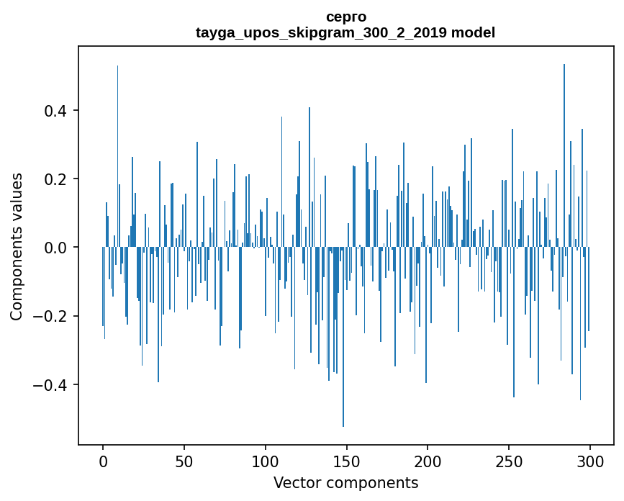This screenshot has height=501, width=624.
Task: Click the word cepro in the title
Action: tap(345, 17)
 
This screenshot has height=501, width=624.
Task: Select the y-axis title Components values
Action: tap(17, 247)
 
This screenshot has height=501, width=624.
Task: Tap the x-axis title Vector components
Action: tap(345, 482)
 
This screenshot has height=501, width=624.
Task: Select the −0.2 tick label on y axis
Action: tap(52, 316)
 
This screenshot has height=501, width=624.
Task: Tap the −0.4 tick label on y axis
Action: tap(52, 384)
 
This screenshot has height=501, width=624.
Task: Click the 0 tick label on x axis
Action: tap(103, 461)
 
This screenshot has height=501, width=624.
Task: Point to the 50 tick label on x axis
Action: tap(184, 461)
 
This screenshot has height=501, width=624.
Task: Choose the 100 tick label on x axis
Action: tap(266, 461)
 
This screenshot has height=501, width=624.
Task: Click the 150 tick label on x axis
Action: tap(347, 461)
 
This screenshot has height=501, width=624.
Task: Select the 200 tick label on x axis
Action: tap(428, 461)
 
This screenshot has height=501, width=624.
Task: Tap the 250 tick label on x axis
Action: tap(509, 461)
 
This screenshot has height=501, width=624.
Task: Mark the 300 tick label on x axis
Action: tap(590, 461)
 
